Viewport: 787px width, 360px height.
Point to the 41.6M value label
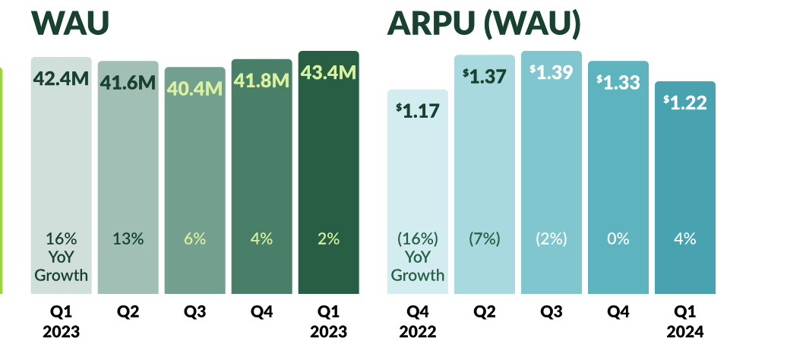point(128,82)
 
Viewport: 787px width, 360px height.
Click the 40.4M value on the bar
point(194,89)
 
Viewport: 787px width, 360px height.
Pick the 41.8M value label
point(261,80)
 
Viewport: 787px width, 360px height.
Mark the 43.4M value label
point(328,72)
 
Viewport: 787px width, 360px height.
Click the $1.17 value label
point(417,110)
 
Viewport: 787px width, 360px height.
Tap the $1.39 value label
point(551,72)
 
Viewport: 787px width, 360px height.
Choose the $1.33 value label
point(618,81)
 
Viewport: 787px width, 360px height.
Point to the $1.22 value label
point(684,102)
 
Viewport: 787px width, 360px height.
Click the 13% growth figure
point(128,238)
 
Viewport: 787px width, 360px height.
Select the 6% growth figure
point(194,238)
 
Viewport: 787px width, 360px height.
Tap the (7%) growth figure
point(484,238)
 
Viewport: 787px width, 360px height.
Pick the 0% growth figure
point(618,238)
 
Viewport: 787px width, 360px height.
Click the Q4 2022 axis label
point(417,321)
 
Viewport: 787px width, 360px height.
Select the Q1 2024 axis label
point(684,321)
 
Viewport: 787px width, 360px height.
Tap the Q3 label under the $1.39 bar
point(551,311)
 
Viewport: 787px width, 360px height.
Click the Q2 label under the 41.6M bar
point(128,311)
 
